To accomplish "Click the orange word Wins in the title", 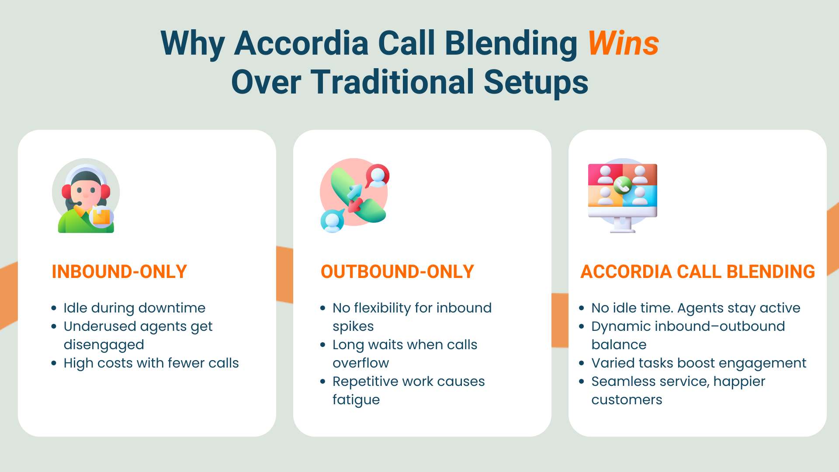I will point(623,43).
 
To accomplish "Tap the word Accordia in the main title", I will point(302,43).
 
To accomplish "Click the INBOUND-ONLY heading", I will point(119,271).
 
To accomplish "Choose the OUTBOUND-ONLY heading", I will point(397,271).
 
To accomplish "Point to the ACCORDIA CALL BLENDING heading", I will point(697,271).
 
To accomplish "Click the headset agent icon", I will point(86,195).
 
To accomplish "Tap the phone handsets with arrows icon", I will point(354,195).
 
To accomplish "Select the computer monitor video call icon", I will point(623,195).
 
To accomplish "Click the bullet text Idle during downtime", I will point(134,308).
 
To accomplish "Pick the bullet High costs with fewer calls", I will point(151,363).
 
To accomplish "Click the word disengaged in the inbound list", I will point(104,344).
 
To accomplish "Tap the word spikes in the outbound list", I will point(353,326).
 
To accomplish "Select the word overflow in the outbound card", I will point(361,363).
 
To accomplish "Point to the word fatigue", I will point(356,399).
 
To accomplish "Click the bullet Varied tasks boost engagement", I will point(699,363).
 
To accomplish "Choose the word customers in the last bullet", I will point(627,399).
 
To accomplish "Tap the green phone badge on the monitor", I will point(622,185).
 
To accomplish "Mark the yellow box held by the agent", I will point(102,217).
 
